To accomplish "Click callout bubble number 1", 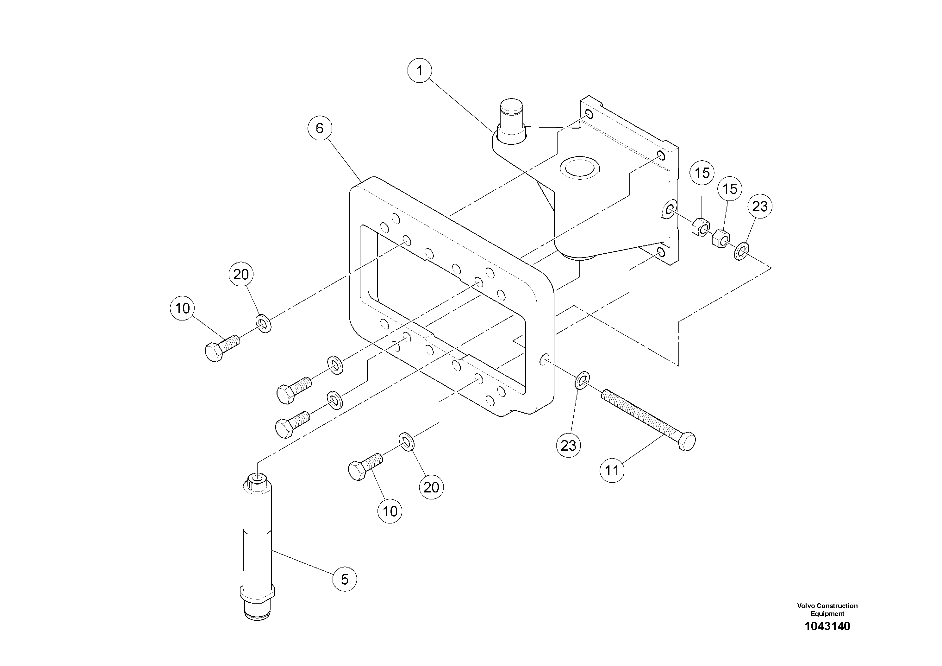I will click(x=419, y=71).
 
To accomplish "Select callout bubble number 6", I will click(x=320, y=129).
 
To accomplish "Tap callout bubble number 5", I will click(x=345, y=579).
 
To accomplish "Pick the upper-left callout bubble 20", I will click(x=241, y=274).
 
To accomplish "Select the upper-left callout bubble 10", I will click(x=183, y=308).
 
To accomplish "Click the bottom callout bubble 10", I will click(x=390, y=511).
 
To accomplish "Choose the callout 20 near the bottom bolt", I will click(x=431, y=487).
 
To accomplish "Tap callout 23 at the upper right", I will click(x=760, y=206).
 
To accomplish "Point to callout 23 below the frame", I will click(x=568, y=445).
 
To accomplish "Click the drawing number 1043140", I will click(x=827, y=626).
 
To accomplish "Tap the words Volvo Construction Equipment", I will click(x=827, y=609).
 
